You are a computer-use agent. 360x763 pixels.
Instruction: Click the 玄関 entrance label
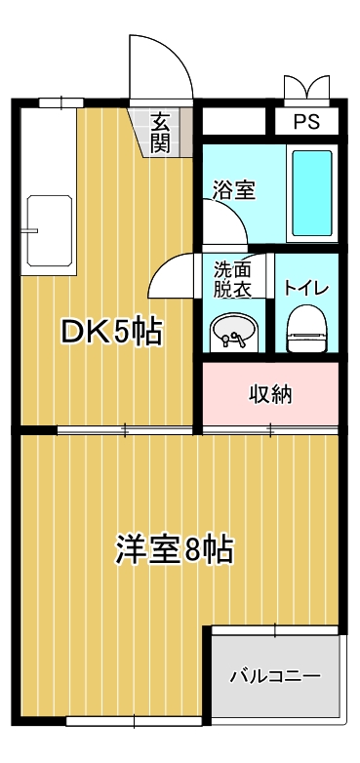(x=161, y=132)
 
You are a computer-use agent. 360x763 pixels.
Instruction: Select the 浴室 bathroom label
(x=234, y=189)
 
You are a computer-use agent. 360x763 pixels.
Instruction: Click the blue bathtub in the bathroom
(x=313, y=193)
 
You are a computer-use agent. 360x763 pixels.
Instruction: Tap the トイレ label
(x=306, y=288)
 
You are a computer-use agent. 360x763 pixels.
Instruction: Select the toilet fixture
(x=305, y=328)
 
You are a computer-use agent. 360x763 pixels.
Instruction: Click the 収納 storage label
(x=269, y=395)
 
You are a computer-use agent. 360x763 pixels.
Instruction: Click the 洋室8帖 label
(x=173, y=549)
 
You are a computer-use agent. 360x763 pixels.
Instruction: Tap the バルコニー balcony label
(x=275, y=675)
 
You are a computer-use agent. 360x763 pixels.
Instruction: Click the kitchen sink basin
(x=50, y=229)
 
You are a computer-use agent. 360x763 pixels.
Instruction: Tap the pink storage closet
(x=269, y=395)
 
